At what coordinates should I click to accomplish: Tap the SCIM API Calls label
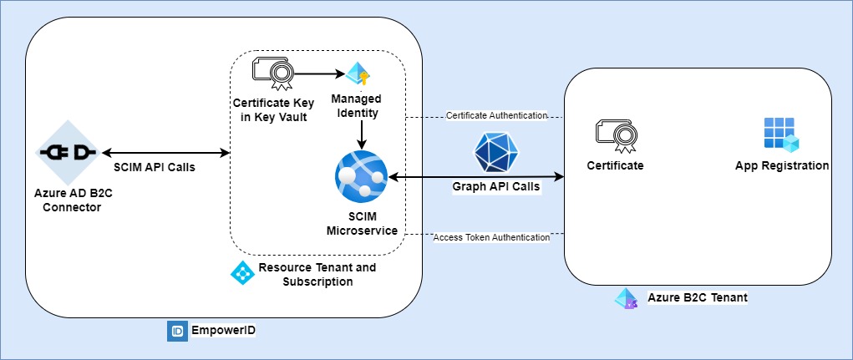click(155, 166)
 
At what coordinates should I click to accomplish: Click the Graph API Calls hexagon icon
click(496, 153)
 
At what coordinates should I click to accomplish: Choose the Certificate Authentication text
click(496, 114)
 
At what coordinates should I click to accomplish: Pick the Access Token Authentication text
click(491, 237)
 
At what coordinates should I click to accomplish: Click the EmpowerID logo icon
click(176, 331)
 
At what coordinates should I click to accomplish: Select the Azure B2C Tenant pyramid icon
click(626, 298)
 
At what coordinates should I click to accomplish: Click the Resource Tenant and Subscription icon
click(241, 272)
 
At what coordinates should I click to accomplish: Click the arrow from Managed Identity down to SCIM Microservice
click(359, 134)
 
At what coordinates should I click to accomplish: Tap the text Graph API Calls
click(496, 186)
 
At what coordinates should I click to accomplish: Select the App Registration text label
click(781, 165)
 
